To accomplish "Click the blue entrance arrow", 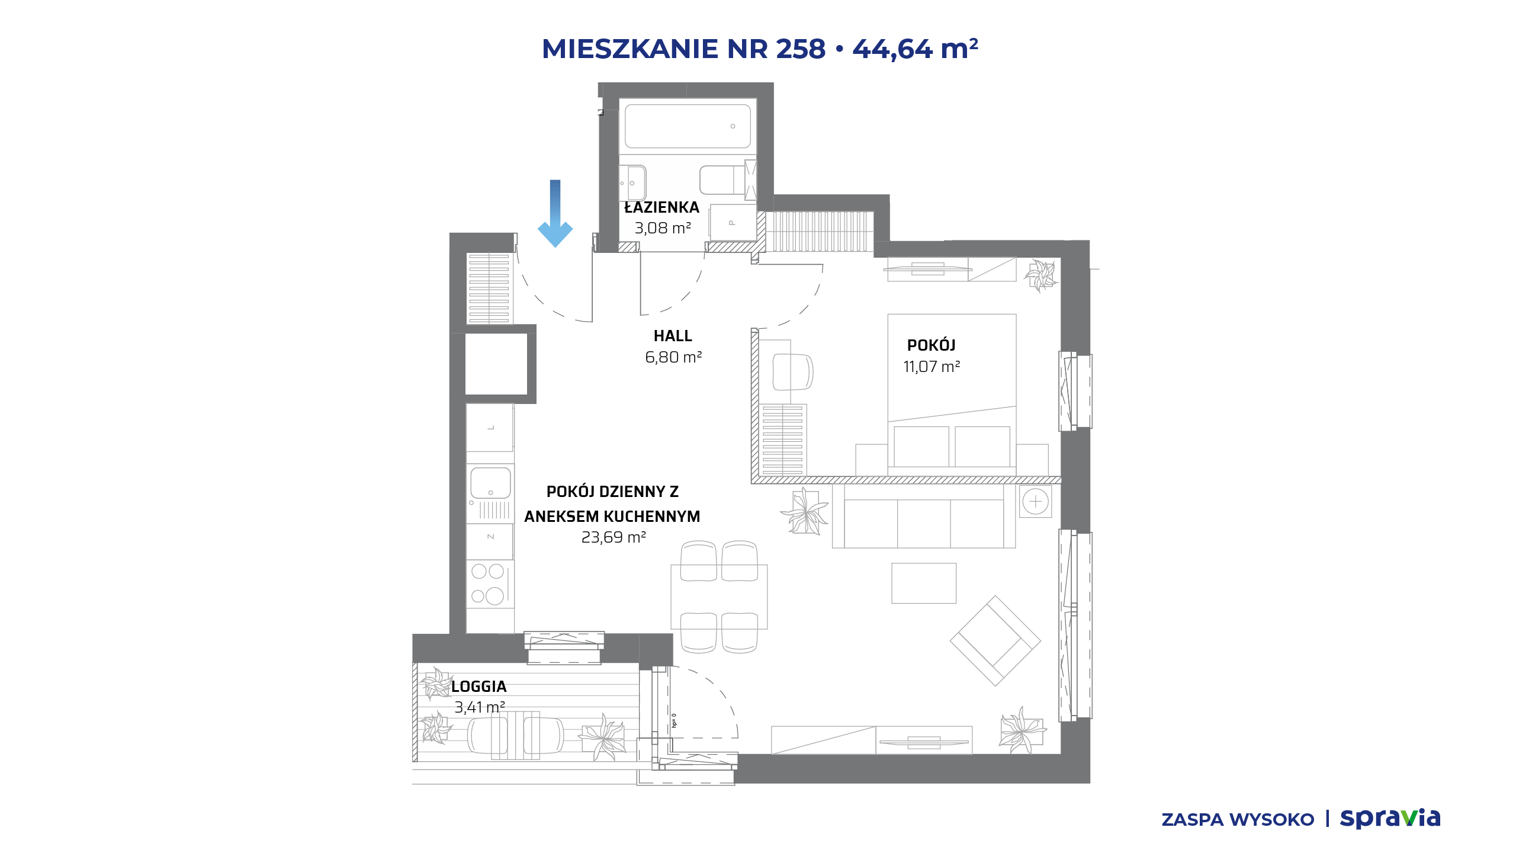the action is click(555, 213).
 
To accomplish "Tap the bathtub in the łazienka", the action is click(688, 126).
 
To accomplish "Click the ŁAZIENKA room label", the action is click(661, 207).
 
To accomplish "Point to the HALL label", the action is click(673, 336).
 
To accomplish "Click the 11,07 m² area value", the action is click(932, 367).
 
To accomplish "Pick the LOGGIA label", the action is click(478, 687).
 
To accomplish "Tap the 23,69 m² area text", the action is click(613, 537).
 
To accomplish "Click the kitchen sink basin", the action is click(490, 483).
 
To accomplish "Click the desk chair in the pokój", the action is click(793, 371).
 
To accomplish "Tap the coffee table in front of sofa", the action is click(924, 583).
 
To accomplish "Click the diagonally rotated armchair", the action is click(995, 641).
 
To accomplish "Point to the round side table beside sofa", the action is click(1035, 502).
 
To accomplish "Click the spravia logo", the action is click(1390, 818).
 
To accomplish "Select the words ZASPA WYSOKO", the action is click(1238, 820).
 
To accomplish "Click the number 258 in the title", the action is click(801, 49).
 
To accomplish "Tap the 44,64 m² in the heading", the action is click(915, 49).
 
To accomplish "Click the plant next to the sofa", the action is click(805, 511).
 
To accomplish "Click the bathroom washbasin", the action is click(632, 183).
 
